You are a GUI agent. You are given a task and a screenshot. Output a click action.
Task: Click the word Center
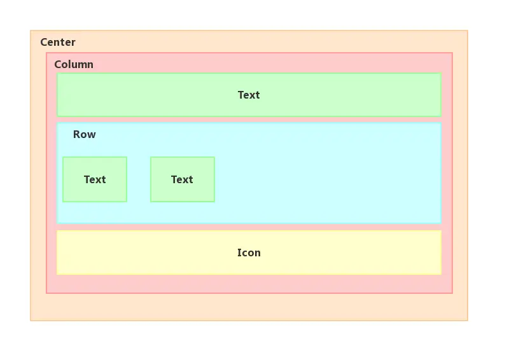pyautogui.click(x=58, y=42)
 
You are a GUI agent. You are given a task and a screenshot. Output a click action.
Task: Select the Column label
pyautogui.click(x=74, y=64)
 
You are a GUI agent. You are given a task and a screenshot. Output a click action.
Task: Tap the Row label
pyautogui.click(x=85, y=134)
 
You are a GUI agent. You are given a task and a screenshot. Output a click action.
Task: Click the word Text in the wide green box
pyautogui.click(x=249, y=95)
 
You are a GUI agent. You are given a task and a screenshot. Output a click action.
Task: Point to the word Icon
pyautogui.click(x=249, y=253)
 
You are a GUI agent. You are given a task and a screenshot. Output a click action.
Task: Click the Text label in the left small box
pyautogui.click(x=95, y=179)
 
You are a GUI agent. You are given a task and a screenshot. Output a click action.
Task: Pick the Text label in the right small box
pyautogui.click(x=182, y=179)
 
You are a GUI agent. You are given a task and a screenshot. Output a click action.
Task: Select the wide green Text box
pyautogui.click(x=249, y=95)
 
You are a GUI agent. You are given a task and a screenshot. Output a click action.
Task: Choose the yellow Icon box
pyautogui.click(x=249, y=253)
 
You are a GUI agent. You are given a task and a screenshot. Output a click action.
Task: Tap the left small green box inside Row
pyautogui.click(x=95, y=179)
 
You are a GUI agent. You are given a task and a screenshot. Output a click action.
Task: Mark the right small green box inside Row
pyautogui.click(x=183, y=179)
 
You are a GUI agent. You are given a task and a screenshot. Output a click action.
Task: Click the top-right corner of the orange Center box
pyautogui.click(x=468, y=31)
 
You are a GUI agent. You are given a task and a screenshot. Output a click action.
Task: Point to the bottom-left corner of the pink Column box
pyautogui.click(x=46, y=293)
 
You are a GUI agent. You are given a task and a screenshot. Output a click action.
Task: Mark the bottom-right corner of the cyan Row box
pyautogui.click(x=441, y=223)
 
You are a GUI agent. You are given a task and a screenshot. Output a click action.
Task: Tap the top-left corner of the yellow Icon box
pyautogui.click(x=57, y=230)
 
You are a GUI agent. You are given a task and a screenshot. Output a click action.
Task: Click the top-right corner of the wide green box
pyautogui.click(x=441, y=73)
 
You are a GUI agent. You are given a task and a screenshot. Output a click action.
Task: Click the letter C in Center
pyautogui.click(x=44, y=42)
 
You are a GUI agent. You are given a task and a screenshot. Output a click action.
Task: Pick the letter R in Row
pyautogui.click(x=76, y=134)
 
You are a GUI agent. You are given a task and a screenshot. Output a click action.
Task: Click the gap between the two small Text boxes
pyautogui.click(x=139, y=179)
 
